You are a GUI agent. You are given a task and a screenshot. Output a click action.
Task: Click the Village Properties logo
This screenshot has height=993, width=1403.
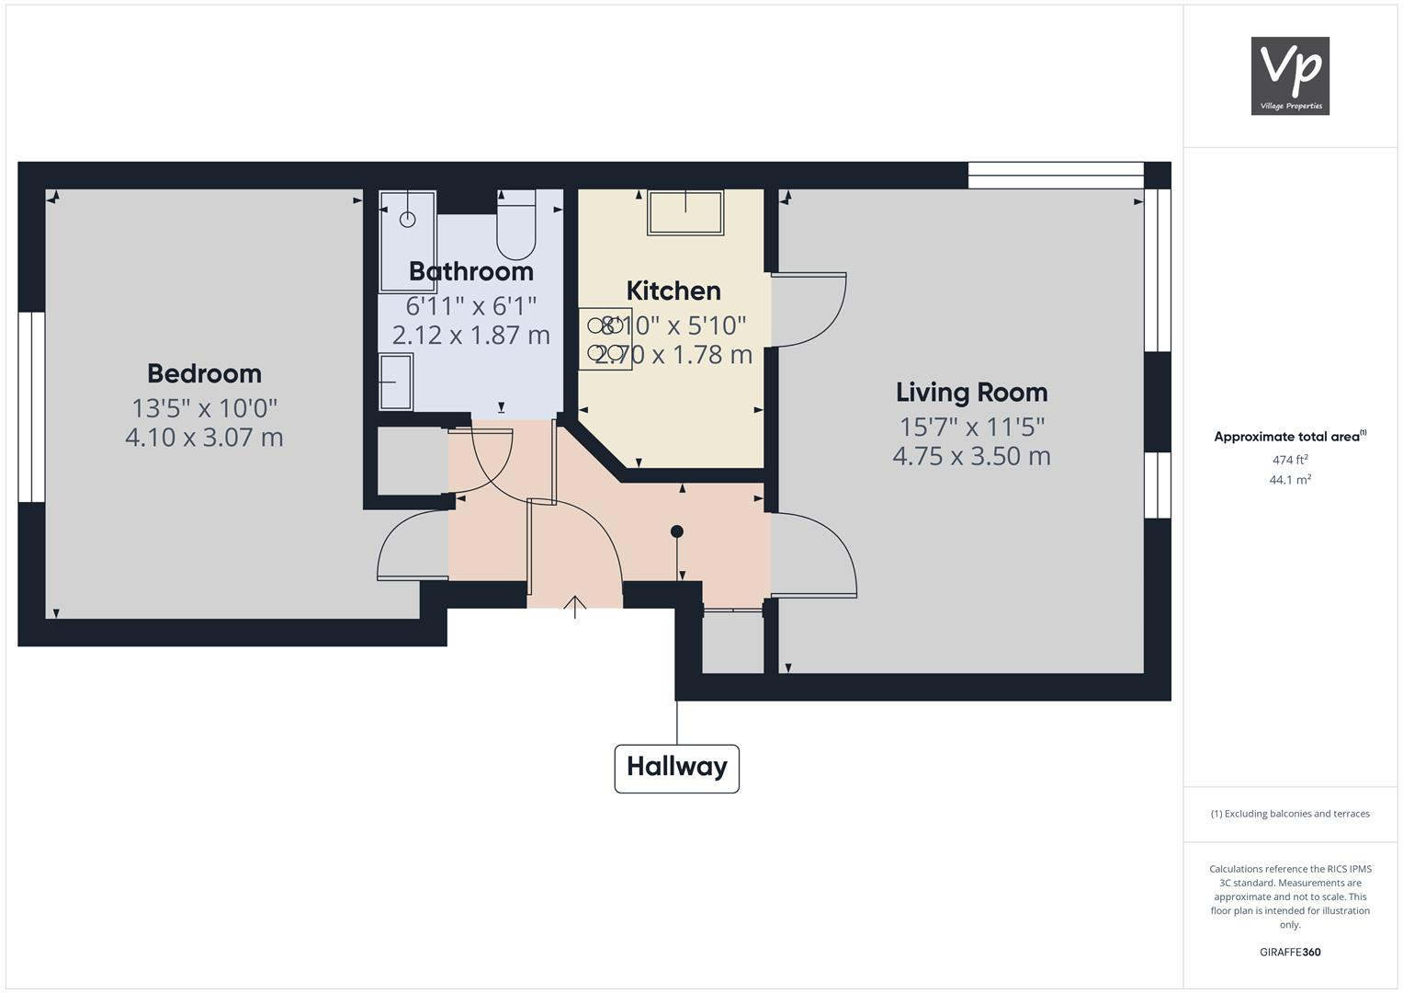tap(1290, 75)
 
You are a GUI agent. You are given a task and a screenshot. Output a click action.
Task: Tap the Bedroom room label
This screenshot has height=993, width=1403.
tap(204, 373)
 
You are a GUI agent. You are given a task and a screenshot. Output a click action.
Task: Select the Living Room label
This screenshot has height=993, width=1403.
tap(971, 393)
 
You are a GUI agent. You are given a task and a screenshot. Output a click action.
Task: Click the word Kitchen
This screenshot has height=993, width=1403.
tap(673, 291)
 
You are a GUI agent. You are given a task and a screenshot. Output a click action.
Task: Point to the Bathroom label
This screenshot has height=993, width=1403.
tap(470, 271)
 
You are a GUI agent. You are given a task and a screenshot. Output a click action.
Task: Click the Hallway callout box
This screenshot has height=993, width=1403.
tap(676, 768)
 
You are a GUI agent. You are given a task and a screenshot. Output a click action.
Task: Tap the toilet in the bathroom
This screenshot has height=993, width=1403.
tap(515, 226)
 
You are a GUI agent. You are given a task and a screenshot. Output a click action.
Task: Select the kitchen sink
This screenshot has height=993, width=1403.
tap(685, 212)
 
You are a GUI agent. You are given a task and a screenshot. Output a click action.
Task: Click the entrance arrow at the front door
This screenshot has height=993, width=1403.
tap(575, 607)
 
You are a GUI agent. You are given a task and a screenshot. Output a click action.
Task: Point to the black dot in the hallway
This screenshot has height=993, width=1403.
tap(677, 531)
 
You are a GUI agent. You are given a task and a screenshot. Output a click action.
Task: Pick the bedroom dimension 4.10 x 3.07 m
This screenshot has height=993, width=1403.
tap(204, 437)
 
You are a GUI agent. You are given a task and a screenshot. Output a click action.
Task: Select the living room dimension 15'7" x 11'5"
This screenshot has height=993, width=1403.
tap(971, 427)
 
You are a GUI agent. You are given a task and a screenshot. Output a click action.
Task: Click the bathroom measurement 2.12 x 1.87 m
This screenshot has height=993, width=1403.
tap(470, 335)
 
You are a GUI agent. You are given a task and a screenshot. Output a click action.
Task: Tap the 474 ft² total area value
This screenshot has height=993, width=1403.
tap(1290, 460)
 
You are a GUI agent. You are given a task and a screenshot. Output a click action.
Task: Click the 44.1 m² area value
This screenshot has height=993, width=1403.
tap(1290, 479)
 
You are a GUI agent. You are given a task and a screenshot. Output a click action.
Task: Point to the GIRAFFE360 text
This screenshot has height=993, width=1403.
tap(1290, 953)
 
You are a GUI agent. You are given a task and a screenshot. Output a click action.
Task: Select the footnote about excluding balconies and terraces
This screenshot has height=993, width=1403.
tap(1290, 814)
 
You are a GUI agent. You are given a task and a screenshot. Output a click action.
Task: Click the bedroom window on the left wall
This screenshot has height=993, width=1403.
tap(31, 406)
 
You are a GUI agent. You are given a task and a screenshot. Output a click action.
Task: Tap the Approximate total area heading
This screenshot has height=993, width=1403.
tap(1290, 437)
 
